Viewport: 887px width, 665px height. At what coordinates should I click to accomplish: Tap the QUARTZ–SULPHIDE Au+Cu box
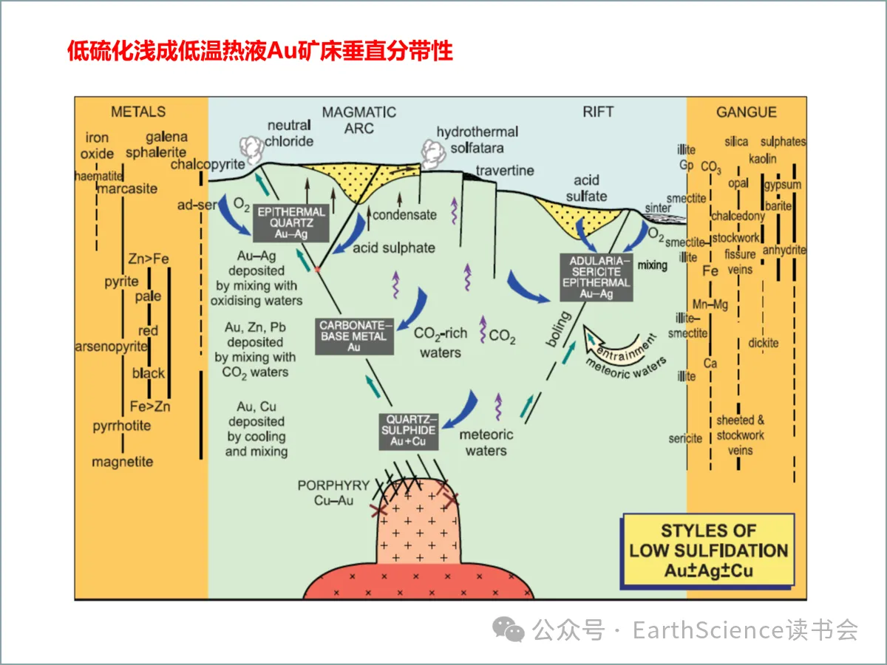[x=408, y=430]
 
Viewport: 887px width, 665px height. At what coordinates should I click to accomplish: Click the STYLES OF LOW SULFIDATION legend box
[x=708, y=550]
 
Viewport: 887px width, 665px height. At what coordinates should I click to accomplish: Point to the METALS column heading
[x=138, y=112]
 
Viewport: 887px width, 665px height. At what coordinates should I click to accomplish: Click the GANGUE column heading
[x=747, y=112]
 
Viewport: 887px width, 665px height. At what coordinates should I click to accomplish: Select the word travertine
[x=505, y=171]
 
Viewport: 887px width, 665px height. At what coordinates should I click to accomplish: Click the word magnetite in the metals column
[x=123, y=463]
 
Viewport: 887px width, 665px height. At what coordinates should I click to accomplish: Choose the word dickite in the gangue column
[x=763, y=343]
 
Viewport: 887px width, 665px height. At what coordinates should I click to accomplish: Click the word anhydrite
[x=784, y=250]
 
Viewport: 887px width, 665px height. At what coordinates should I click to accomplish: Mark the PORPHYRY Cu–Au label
[x=333, y=493]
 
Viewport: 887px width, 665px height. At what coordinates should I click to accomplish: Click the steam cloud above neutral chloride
[x=252, y=150]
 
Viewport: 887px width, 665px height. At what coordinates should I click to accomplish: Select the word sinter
[x=658, y=208]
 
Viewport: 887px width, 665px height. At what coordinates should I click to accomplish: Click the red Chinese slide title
[x=260, y=51]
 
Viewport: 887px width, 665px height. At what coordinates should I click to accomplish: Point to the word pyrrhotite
[x=122, y=426]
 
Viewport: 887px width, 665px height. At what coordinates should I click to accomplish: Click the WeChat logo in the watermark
[x=509, y=630]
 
